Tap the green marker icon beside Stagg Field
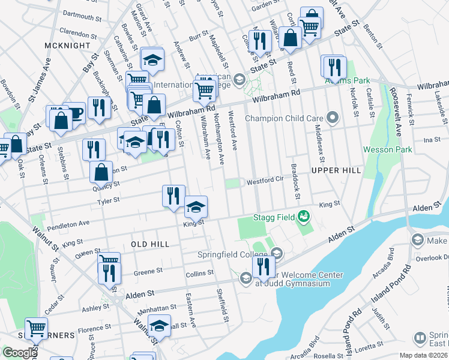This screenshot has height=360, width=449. (x=305, y=215)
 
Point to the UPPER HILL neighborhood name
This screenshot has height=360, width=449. (x=336, y=170)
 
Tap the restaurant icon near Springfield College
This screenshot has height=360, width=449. (x=264, y=265)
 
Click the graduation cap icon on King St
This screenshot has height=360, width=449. (x=196, y=206)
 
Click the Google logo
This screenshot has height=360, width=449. (x=19, y=353)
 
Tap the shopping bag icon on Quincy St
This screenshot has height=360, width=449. (x=101, y=172)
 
